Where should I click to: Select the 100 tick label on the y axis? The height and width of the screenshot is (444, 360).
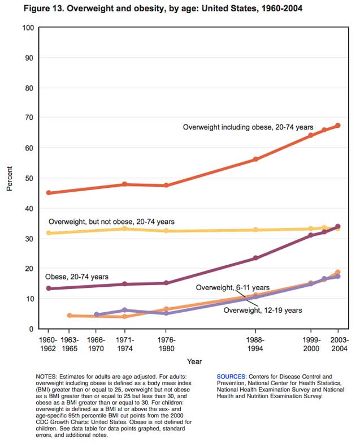click(x=27, y=28)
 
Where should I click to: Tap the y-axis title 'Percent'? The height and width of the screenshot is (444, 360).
click(x=10, y=178)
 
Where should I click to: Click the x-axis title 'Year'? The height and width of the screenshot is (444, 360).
click(x=194, y=361)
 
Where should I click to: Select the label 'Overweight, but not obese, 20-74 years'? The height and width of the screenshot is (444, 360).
click(x=111, y=221)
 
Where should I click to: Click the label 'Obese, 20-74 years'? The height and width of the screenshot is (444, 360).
click(x=77, y=277)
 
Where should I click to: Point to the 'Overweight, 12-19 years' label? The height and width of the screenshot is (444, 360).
click(x=262, y=310)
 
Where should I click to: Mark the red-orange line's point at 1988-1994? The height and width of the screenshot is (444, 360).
click(x=255, y=159)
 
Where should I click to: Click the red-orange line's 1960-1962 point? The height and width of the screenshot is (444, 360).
click(x=49, y=193)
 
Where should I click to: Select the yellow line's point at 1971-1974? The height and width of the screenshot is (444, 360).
click(x=125, y=229)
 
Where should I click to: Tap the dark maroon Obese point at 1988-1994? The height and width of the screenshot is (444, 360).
click(x=255, y=258)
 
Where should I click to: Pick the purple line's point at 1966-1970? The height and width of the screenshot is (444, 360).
click(x=97, y=314)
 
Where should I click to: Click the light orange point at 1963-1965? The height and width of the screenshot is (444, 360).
click(x=70, y=316)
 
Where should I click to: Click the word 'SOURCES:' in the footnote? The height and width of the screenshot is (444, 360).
click(x=231, y=376)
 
